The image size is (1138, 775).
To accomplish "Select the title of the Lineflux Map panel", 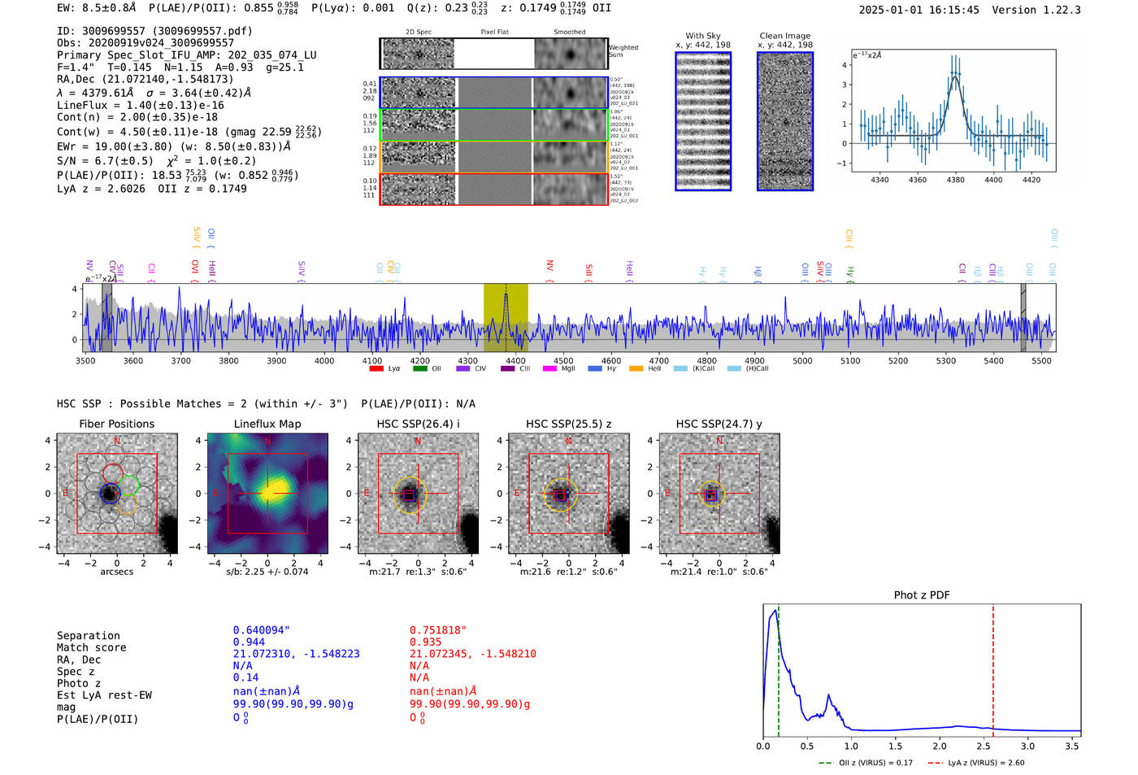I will pyautogui.click(x=267, y=424).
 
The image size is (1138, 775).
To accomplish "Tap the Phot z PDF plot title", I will pyautogui.click(x=921, y=594).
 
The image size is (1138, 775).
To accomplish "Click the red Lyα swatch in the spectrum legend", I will pyautogui.click(x=376, y=368).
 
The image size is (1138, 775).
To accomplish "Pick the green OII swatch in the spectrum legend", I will pyautogui.click(x=420, y=368).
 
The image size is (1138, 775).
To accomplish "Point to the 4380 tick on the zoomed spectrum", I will pyautogui.click(x=955, y=180).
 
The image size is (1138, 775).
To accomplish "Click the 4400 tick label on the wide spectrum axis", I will pyautogui.click(x=515, y=360).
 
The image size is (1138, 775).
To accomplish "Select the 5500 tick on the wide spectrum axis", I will pyautogui.click(x=1041, y=360).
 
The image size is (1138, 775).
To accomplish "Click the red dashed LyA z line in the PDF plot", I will pyautogui.click(x=992, y=667).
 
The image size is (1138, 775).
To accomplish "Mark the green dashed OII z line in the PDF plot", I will pyautogui.click(x=778, y=667).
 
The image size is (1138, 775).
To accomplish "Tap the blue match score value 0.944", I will pyautogui.click(x=249, y=642).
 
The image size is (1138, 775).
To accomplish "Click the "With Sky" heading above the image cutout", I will pyautogui.click(x=702, y=36).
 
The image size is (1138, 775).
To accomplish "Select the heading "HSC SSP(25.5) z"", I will pyautogui.click(x=568, y=424).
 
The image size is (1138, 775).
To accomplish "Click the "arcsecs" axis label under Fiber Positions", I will pyautogui.click(x=116, y=572).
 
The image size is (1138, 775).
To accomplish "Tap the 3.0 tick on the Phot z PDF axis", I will pyautogui.click(x=1027, y=746).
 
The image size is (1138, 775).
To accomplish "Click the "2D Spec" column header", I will pyautogui.click(x=418, y=32).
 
